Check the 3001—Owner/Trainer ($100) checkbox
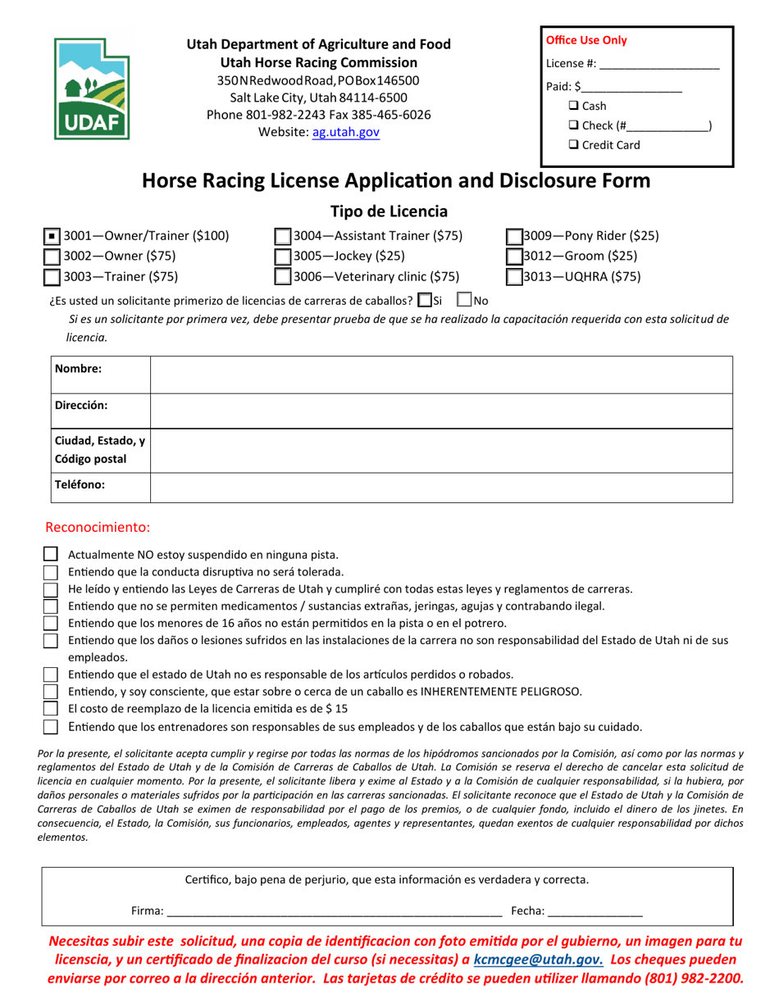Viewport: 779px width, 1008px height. click(52, 237)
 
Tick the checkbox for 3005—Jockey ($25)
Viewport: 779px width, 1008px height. click(282, 257)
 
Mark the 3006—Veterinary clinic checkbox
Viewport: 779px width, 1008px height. click(282, 277)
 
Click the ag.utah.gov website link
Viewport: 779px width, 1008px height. click(345, 131)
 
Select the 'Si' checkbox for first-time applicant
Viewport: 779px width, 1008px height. click(424, 300)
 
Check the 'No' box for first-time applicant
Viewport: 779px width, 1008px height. click(463, 300)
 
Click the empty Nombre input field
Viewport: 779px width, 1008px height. click(441, 375)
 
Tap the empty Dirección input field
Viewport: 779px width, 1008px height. click(441, 411)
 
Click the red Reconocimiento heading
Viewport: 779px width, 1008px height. click(98, 527)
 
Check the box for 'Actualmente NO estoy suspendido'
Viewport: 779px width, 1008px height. click(51, 555)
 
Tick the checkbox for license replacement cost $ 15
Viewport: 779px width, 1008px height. click(51, 709)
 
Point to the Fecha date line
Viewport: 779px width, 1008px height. click(594, 910)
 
